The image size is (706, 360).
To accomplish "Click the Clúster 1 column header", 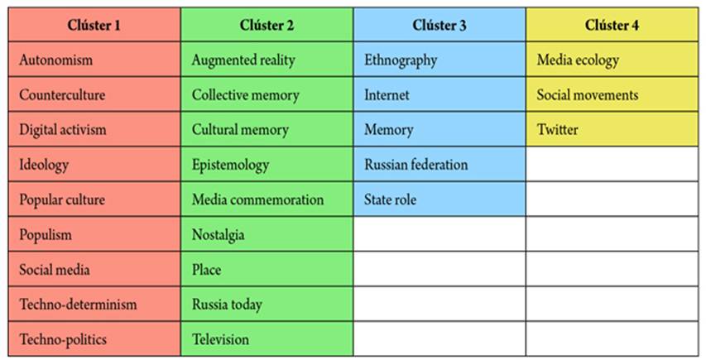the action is pyautogui.click(x=94, y=25).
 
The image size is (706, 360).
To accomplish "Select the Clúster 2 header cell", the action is pyautogui.click(x=267, y=25).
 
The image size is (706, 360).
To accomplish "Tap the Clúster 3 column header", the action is pyautogui.click(x=439, y=25).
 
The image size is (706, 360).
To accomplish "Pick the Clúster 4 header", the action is pyautogui.click(x=612, y=25).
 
